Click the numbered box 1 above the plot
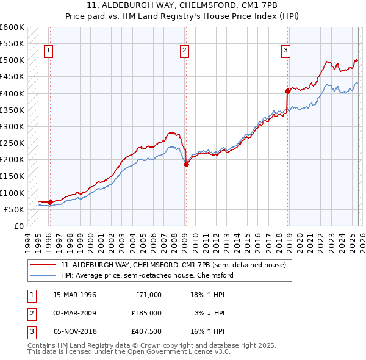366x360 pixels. click(48, 51)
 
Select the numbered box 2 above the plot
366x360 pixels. click(184, 51)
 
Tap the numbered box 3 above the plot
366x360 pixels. click(285, 51)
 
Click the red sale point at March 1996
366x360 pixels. click(50, 202)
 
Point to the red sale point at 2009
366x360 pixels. click(186, 164)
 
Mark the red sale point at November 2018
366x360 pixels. click(287, 91)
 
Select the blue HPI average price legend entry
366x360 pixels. click(147, 275)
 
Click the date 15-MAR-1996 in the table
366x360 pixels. click(74, 294)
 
